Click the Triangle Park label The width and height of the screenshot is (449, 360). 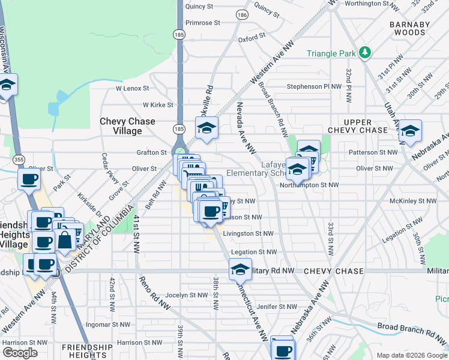point(331,53)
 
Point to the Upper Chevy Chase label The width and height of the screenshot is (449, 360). point(358,126)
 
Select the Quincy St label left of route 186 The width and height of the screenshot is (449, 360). point(199,7)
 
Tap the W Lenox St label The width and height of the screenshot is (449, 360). point(131,88)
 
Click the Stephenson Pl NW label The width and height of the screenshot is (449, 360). point(313,86)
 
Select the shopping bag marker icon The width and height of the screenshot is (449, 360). point(65,241)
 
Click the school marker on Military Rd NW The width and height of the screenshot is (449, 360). point(240,268)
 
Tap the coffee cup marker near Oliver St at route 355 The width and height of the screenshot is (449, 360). point(29,178)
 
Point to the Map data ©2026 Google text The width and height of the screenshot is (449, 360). point(411,355)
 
